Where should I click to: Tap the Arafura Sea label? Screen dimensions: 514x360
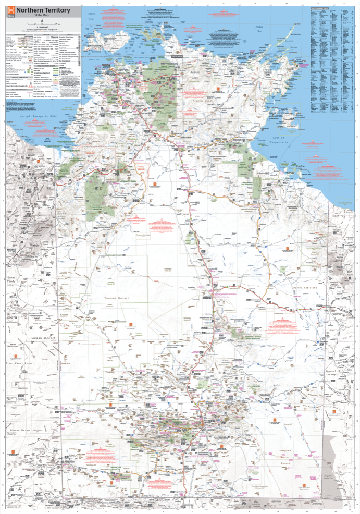click(258, 26)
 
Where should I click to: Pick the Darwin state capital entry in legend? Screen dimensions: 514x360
click(55, 38)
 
